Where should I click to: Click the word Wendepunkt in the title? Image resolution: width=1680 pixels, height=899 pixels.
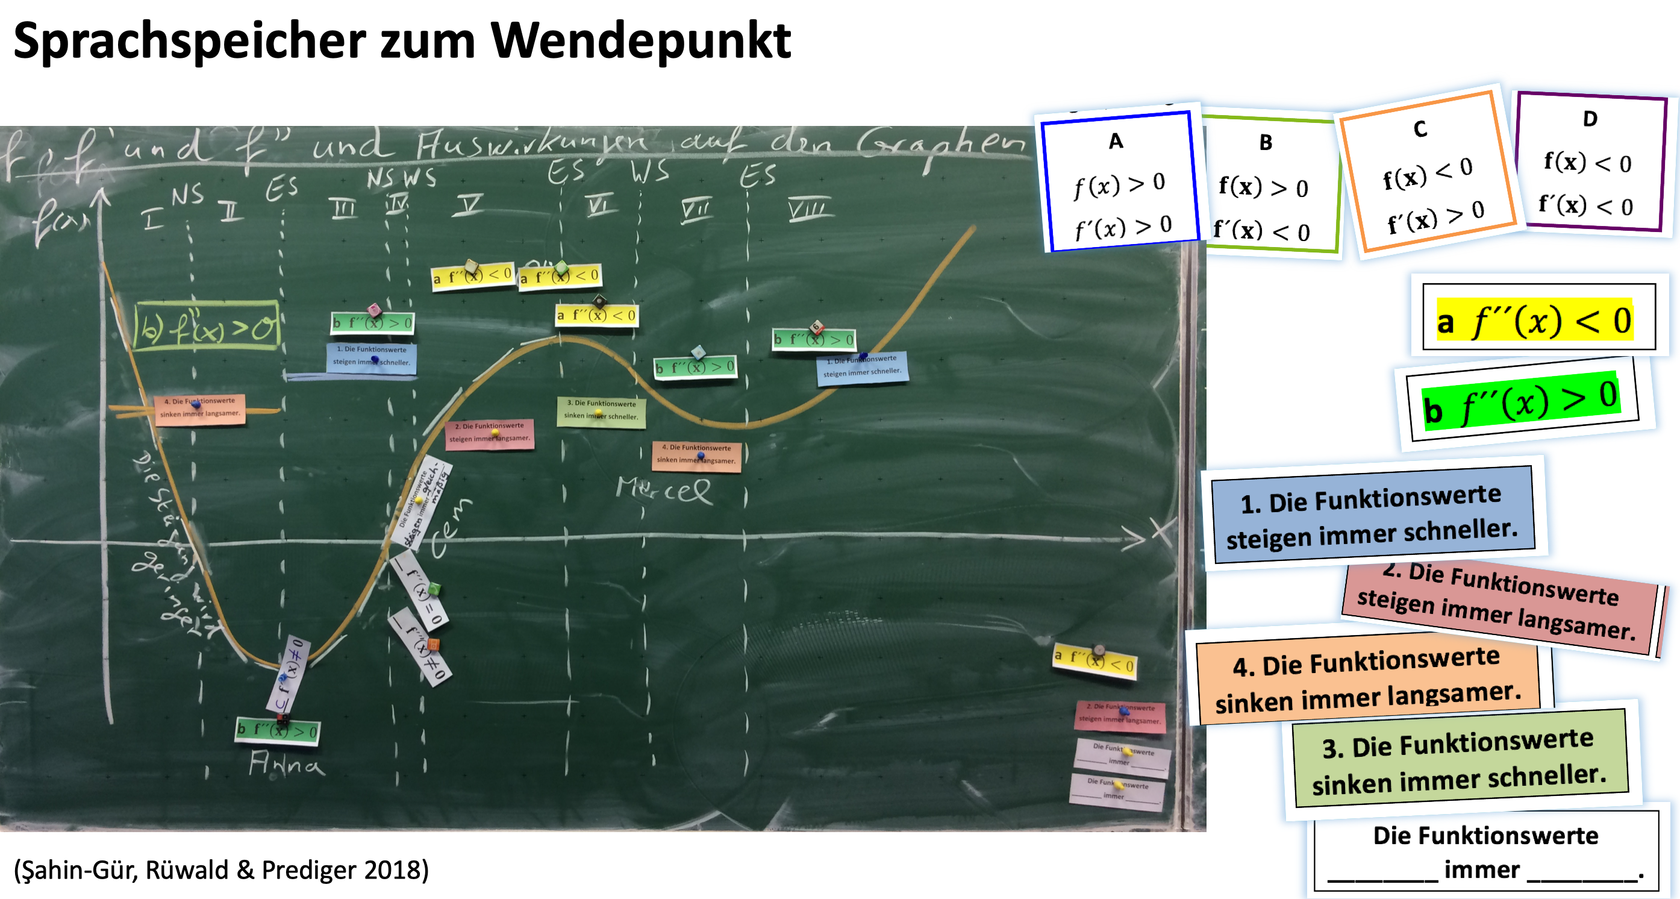coord(640,40)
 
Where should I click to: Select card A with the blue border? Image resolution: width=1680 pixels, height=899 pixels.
coord(1119,181)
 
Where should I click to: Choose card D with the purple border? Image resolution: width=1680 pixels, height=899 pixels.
coord(1590,163)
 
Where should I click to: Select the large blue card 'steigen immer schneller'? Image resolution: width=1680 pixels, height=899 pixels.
coord(1372,515)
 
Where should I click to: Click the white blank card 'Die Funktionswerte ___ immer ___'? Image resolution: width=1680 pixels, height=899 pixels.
coord(1485,851)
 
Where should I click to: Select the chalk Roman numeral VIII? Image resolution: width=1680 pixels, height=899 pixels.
coord(809,208)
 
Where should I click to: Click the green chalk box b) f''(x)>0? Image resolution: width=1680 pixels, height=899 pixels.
coord(207,325)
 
